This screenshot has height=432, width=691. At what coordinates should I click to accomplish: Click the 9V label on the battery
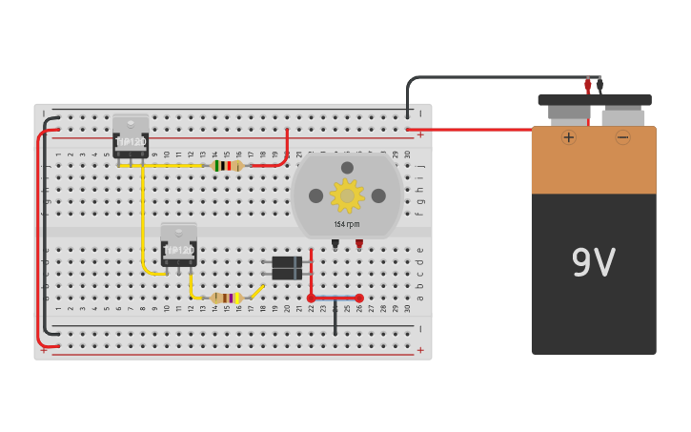593,263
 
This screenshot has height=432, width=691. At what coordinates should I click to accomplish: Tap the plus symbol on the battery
569,137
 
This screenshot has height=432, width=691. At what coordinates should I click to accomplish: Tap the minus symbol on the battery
622,137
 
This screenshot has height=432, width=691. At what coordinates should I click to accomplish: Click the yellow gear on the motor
347,195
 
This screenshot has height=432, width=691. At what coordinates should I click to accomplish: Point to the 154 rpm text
347,225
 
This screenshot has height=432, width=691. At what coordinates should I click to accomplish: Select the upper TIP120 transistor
131,135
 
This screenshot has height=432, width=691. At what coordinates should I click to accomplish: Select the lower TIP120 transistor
178,244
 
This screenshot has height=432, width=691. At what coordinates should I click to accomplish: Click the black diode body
286,268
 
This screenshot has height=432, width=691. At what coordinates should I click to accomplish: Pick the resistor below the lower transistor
226,298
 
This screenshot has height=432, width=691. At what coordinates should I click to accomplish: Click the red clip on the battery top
587,85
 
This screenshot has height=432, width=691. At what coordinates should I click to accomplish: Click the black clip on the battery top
600,85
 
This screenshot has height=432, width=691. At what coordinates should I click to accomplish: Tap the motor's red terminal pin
359,244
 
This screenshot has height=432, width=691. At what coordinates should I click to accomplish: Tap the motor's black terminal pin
335,244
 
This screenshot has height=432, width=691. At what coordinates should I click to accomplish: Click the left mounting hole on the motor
315,195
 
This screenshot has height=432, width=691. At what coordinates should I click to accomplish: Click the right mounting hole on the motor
378,195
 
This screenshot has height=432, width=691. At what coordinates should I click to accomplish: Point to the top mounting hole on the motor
347,168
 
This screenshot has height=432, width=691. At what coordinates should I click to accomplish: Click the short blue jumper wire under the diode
335,298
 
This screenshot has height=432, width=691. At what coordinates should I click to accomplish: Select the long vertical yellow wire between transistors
143,219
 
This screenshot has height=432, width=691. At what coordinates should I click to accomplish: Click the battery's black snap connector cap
595,99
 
